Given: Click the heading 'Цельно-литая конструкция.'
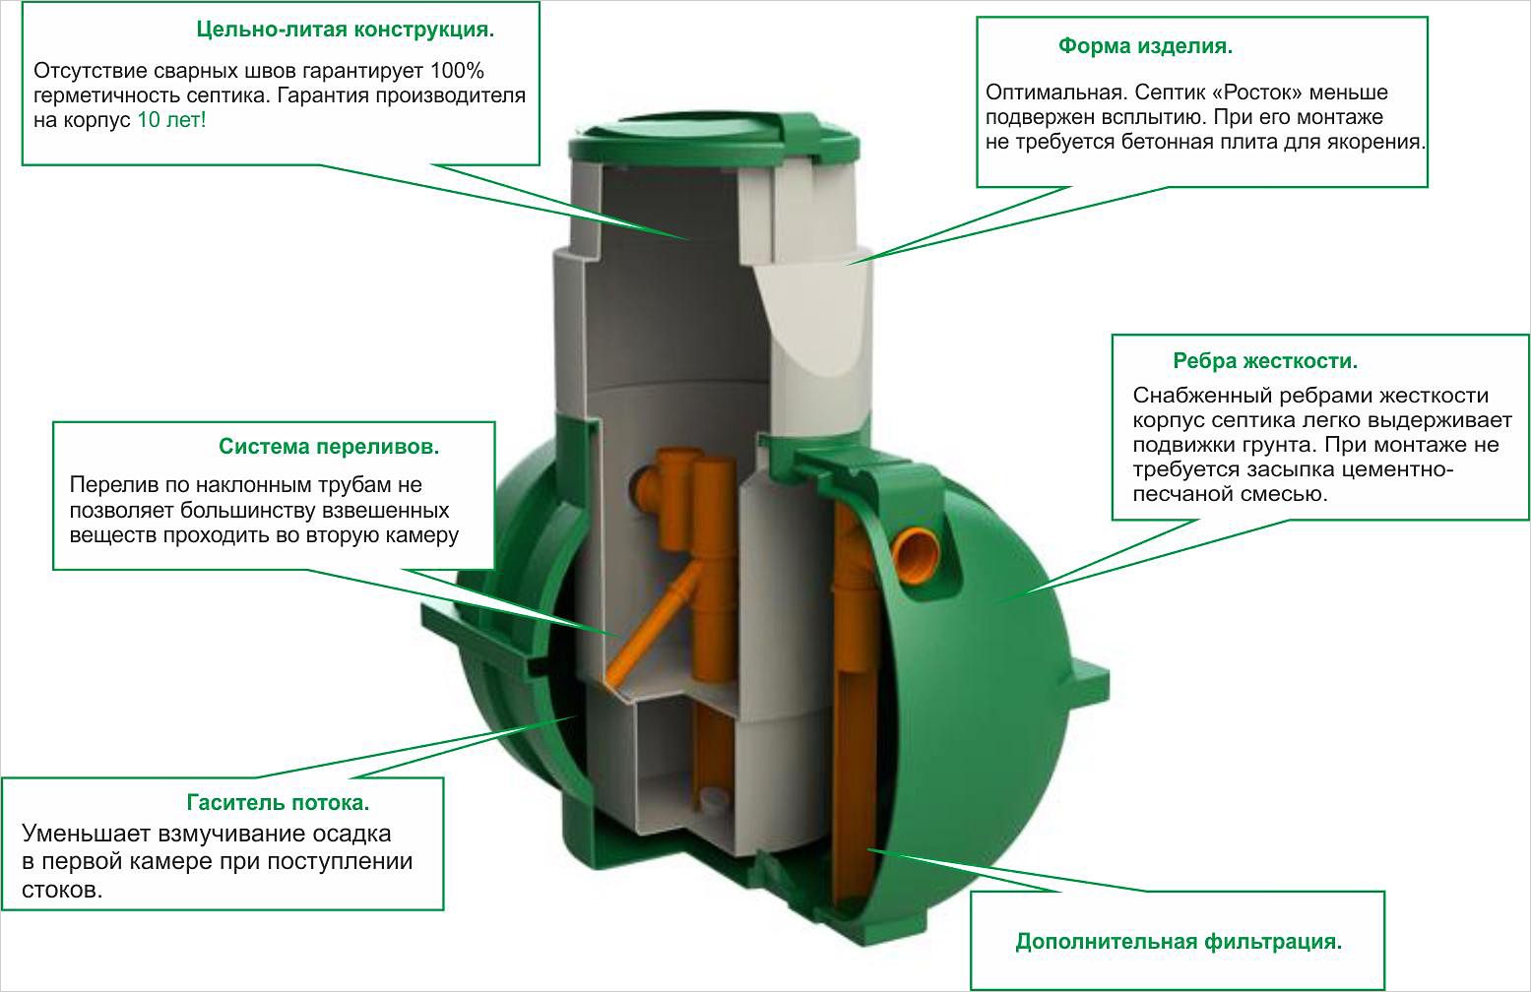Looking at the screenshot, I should point(345,30).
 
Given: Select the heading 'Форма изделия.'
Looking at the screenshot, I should point(1145,46).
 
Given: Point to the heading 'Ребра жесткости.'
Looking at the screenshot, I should point(1264,361).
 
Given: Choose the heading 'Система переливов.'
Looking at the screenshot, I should point(329,447).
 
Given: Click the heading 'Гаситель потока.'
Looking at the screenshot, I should point(279,802).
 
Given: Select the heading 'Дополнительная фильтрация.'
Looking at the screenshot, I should point(1179,942).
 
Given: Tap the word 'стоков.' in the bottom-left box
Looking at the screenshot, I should point(62,890).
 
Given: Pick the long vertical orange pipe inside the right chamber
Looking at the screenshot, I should point(850,689).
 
